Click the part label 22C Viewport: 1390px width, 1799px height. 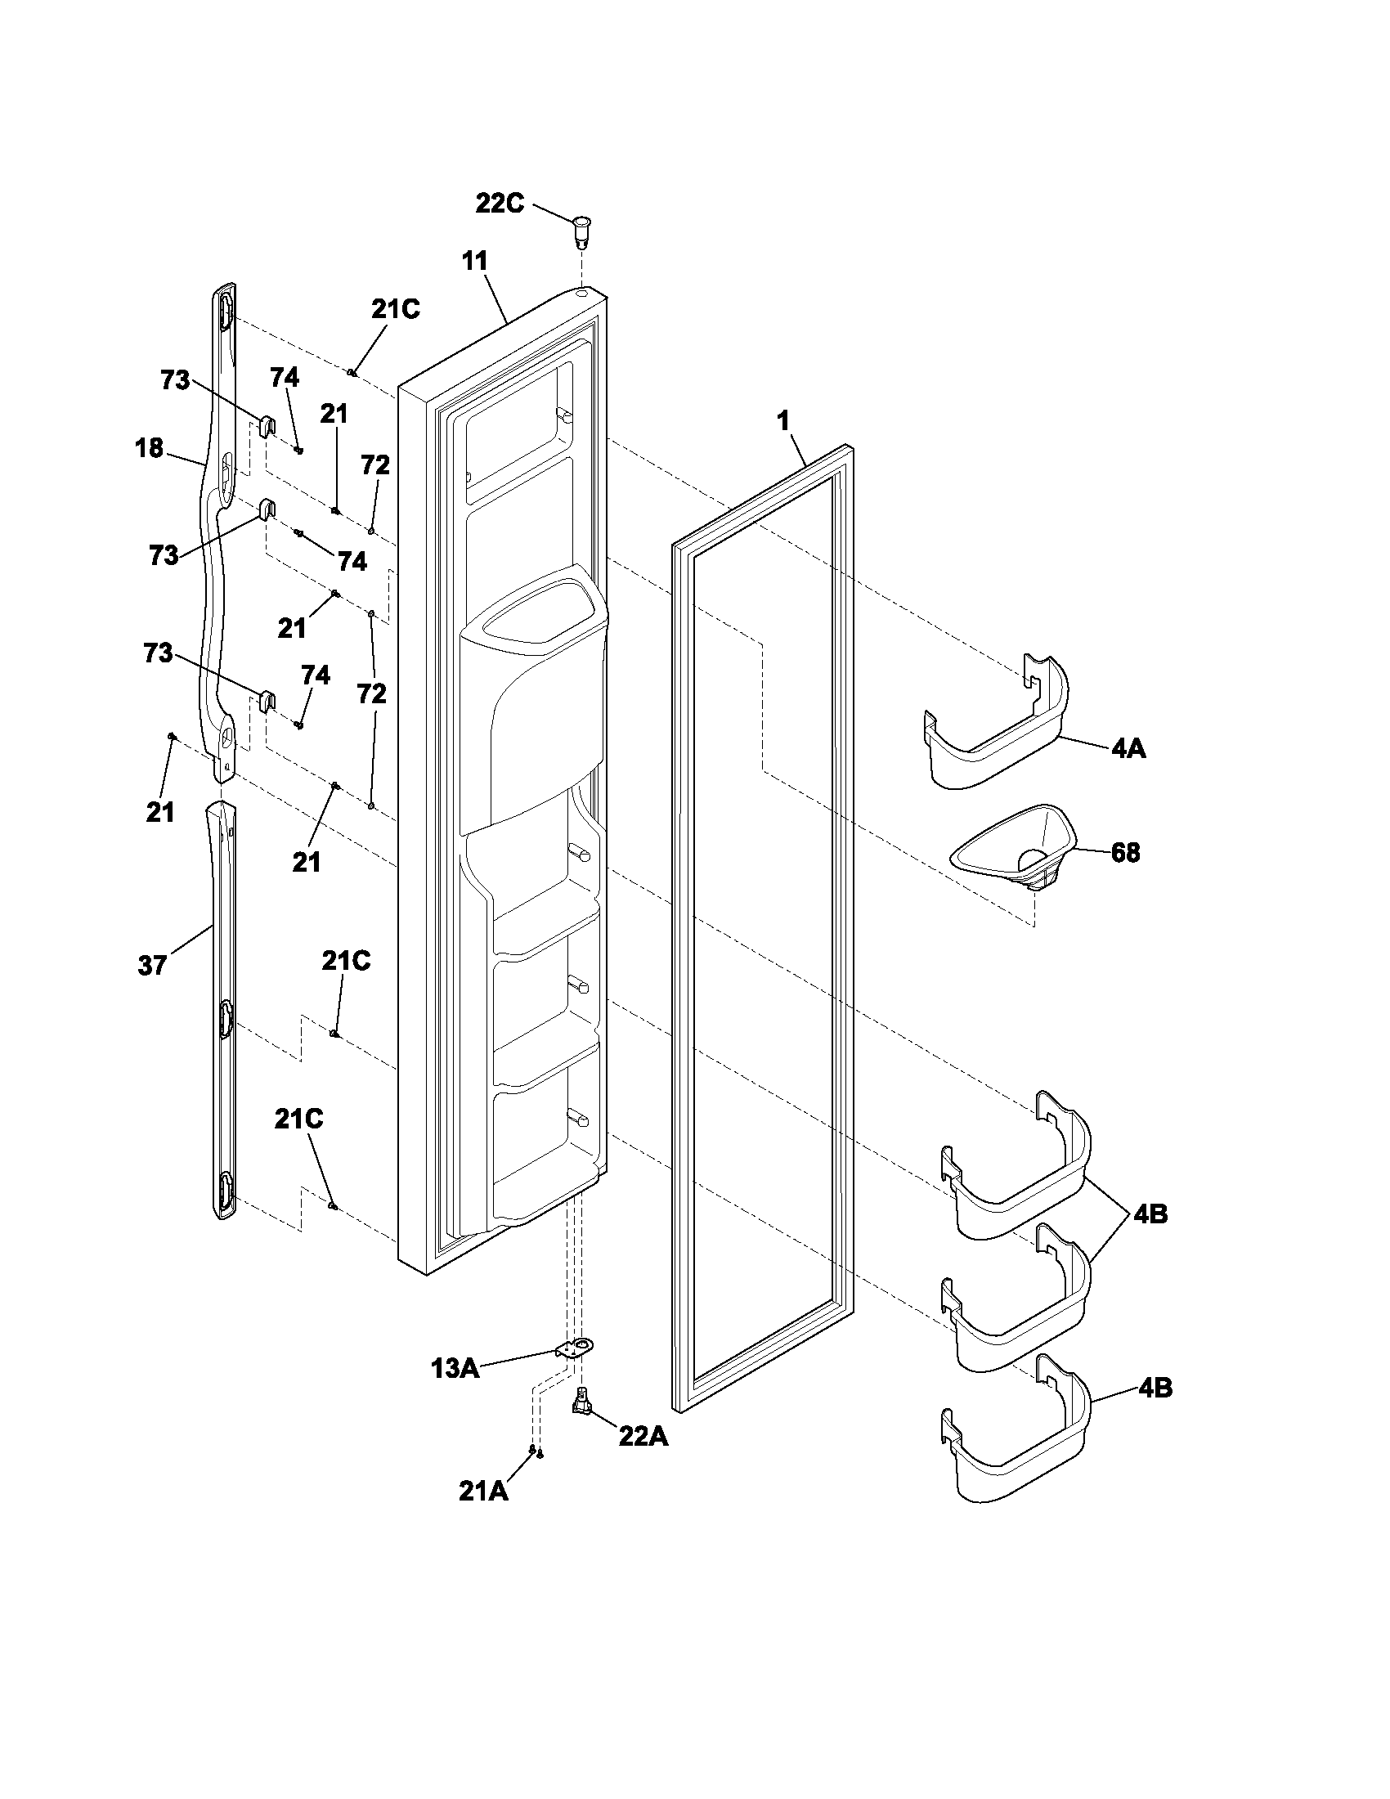pyautogui.click(x=500, y=204)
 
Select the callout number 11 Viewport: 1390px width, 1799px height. pyautogui.click(x=475, y=261)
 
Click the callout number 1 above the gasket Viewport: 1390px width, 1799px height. pyautogui.click(x=783, y=421)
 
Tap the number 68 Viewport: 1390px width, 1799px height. pyautogui.click(x=1125, y=853)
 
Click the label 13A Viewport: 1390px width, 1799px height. pyautogui.click(x=455, y=1369)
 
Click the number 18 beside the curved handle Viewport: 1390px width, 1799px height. pyautogui.click(x=149, y=449)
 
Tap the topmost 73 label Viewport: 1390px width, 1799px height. pyautogui.click(x=176, y=380)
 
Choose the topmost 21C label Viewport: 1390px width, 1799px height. pyautogui.click(x=395, y=309)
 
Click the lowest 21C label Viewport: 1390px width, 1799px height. pyautogui.click(x=299, y=1119)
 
